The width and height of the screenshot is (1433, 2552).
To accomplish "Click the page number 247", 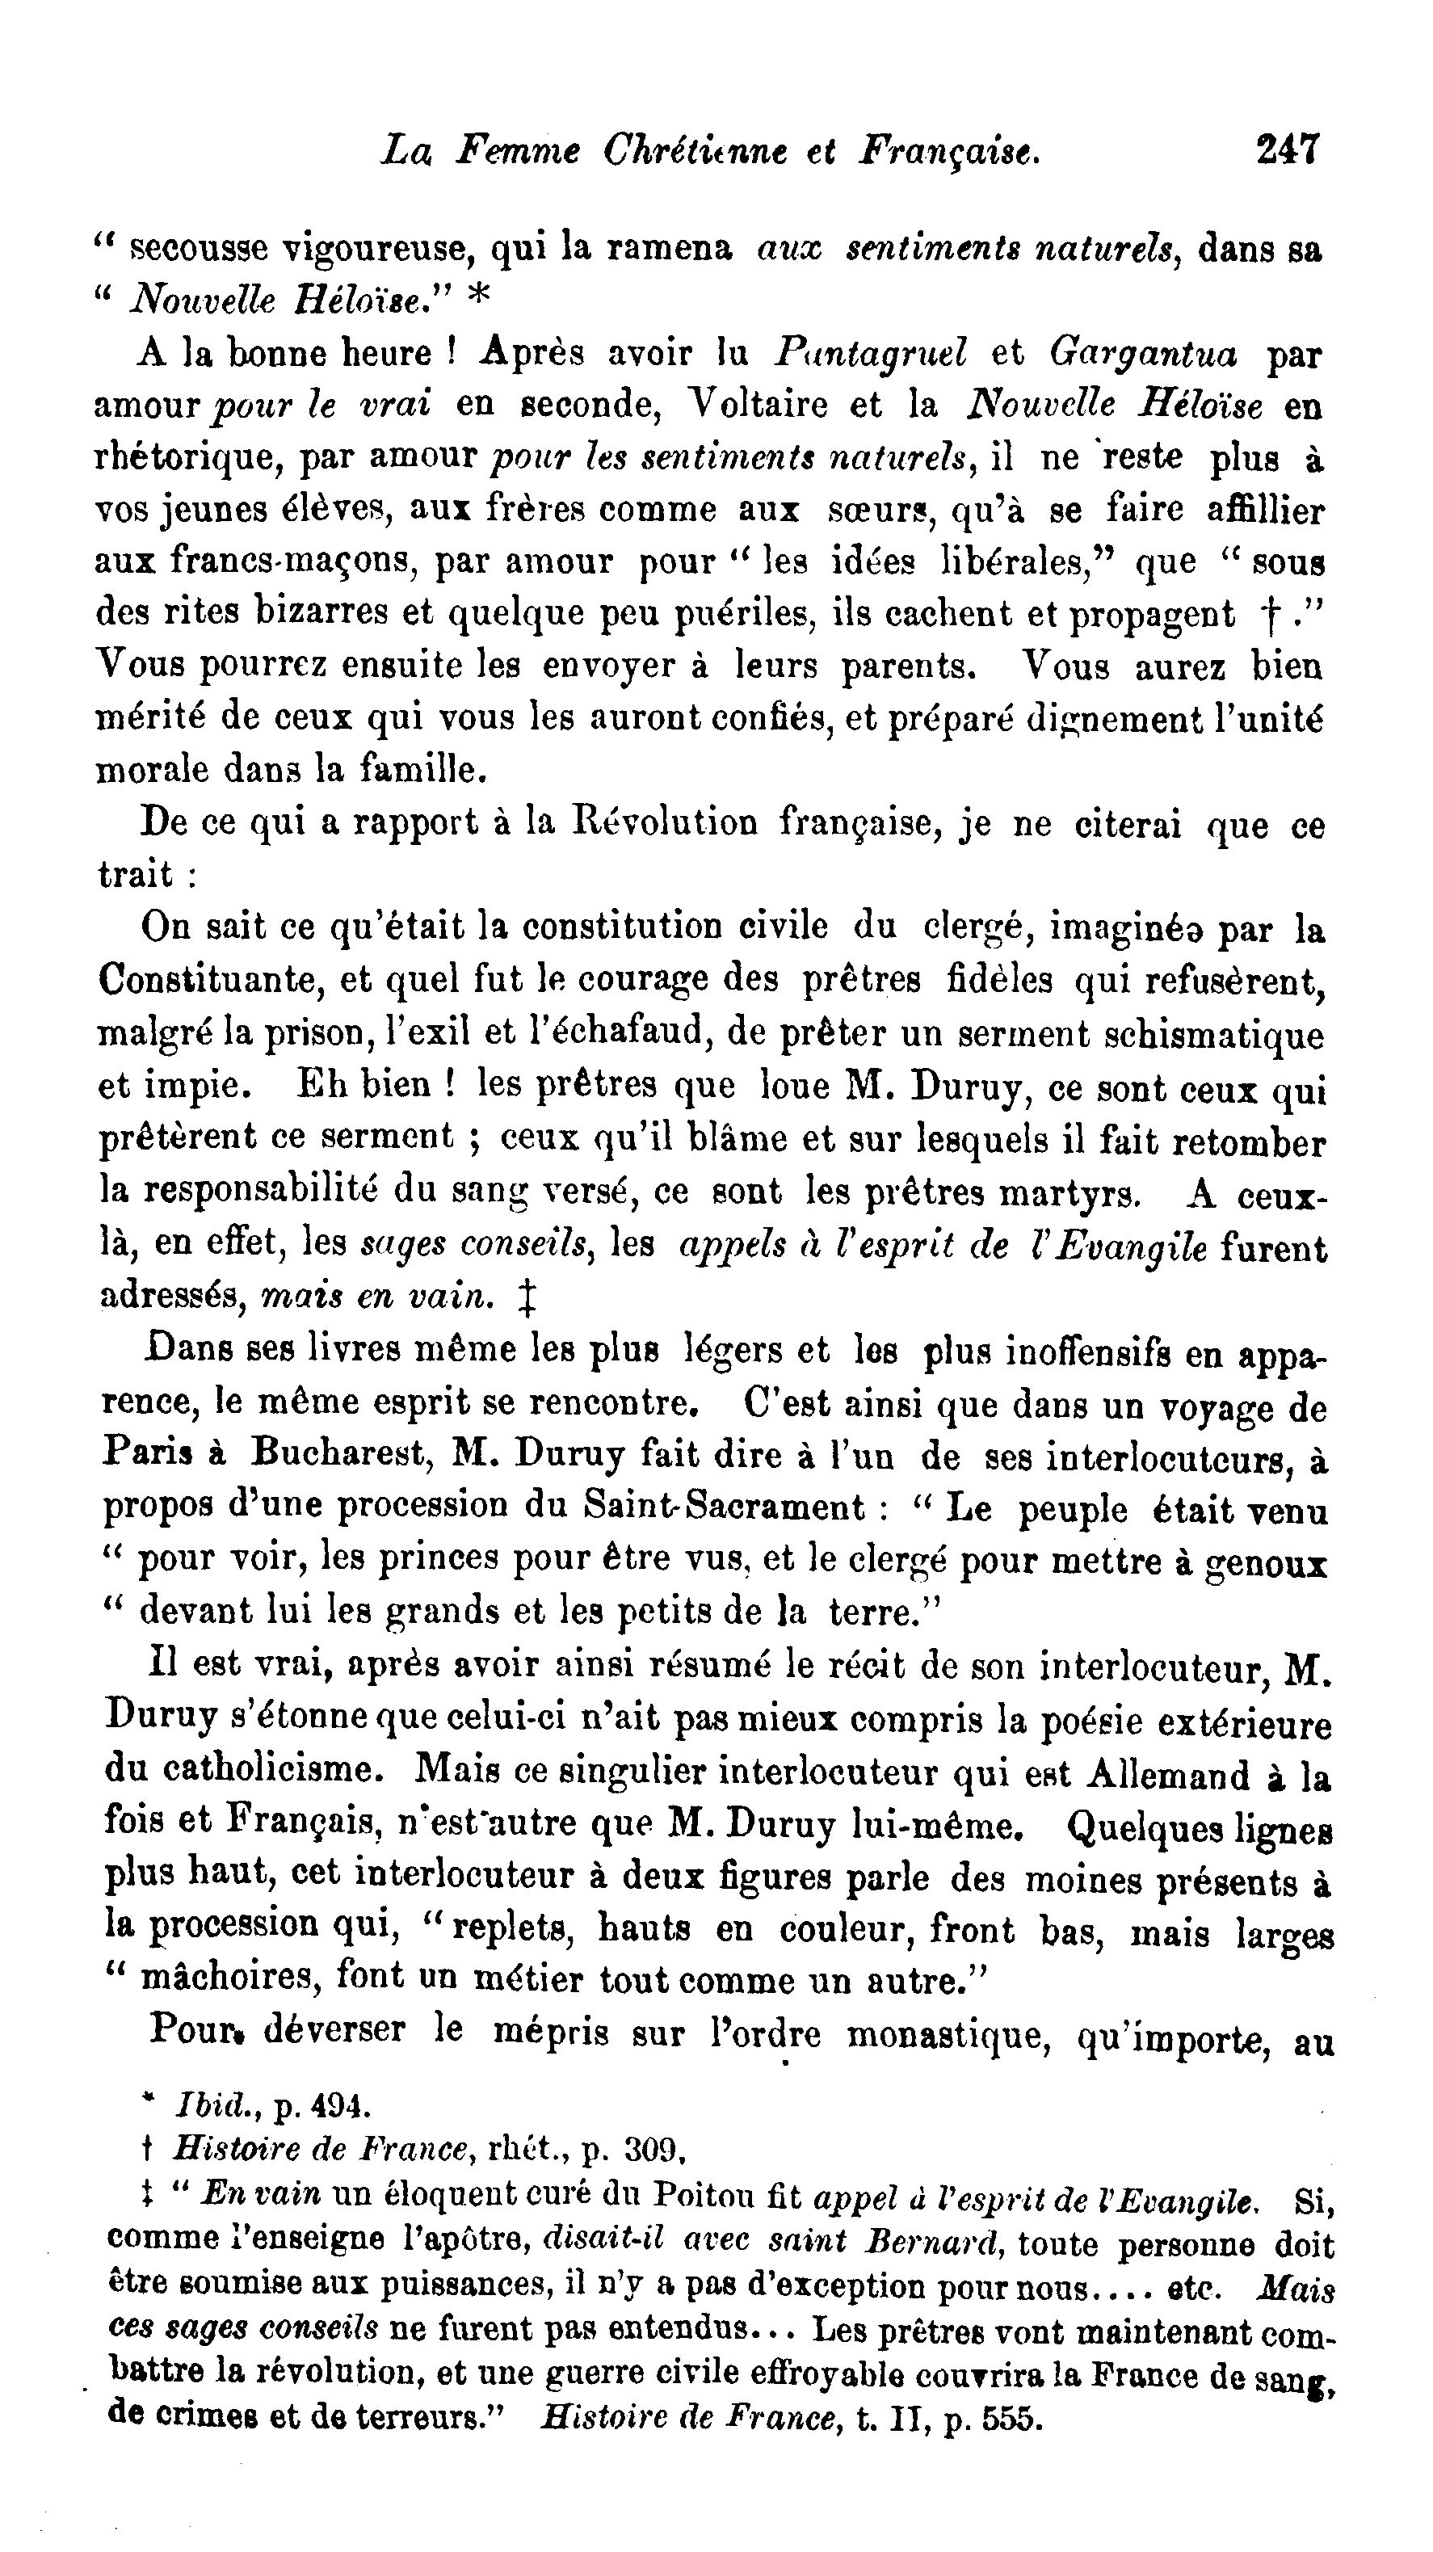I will point(1288,149).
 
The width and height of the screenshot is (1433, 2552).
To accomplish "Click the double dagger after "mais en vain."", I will point(527,1297).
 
